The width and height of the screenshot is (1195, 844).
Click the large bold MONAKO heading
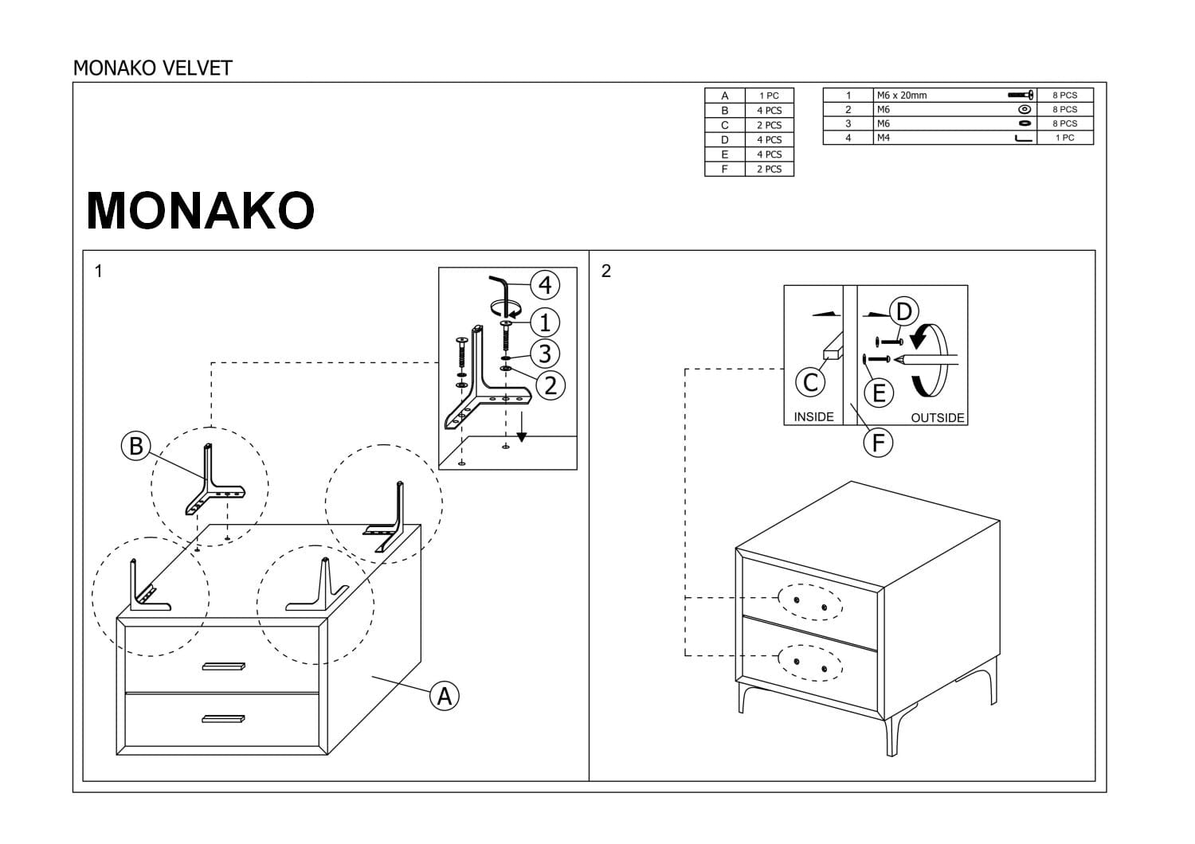[x=200, y=210]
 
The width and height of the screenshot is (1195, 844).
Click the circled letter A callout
[x=445, y=696]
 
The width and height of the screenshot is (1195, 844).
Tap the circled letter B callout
[x=135, y=445]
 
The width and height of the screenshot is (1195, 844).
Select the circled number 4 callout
[x=545, y=284]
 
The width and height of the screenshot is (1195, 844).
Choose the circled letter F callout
[x=878, y=442]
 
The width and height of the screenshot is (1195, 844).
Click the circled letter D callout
[x=904, y=311]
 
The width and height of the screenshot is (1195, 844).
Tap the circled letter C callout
[x=810, y=383]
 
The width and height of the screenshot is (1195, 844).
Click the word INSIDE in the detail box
[x=813, y=417]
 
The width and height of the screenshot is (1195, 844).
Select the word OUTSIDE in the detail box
[x=937, y=418]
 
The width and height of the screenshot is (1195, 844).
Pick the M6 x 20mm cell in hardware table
[x=901, y=96]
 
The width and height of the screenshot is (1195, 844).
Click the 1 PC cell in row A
[x=769, y=96]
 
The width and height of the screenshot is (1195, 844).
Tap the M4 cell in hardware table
[x=883, y=138]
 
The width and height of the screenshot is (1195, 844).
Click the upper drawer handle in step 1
[x=225, y=666]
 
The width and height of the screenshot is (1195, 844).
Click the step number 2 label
[x=605, y=272]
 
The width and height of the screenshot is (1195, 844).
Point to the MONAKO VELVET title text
[x=152, y=68]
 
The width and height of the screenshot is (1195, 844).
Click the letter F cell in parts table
[x=724, y=169]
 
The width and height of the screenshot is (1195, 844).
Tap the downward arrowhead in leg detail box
[x=522, y=436]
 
